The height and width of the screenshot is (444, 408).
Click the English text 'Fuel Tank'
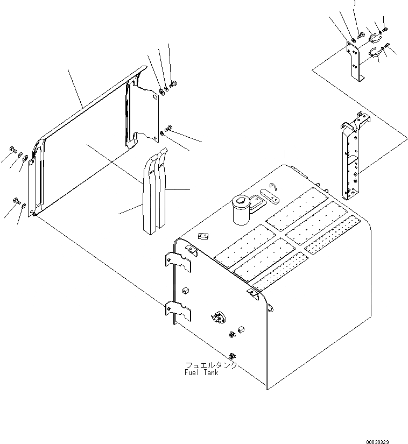pyautogui.click(x=202, y=373)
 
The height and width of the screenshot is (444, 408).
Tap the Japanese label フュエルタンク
pyautogui.click(x=210, y=365)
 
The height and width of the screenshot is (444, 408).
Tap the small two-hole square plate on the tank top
pyautogui.click(x=203, y=236)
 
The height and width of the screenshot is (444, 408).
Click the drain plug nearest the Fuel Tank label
pyautogui.click(x=233, y=355)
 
